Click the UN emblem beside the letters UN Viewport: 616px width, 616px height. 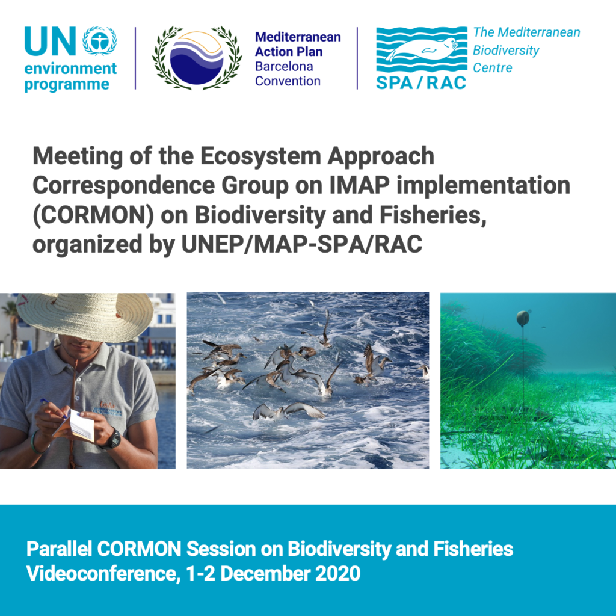point(99,40)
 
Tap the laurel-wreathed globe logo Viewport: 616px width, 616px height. point(197,58)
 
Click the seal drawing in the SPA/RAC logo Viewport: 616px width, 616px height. point(422,49)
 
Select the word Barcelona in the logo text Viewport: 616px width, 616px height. point(284,66)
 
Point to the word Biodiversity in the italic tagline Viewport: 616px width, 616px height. point(506,51)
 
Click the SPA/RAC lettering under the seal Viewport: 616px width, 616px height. point(421,83)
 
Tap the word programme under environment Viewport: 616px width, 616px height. point(67,85)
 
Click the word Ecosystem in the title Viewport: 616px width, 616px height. point(261,156)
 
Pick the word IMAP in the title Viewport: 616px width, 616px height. point(360,185)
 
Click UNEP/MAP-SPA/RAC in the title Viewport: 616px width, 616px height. point(302,244)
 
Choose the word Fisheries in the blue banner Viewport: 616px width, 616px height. point(473,549)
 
